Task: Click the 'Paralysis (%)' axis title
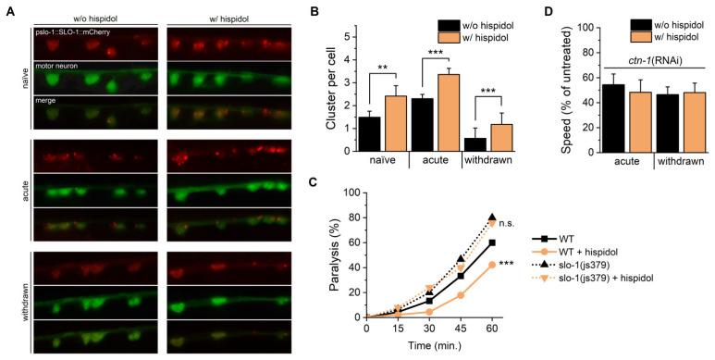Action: pos(333,254)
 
